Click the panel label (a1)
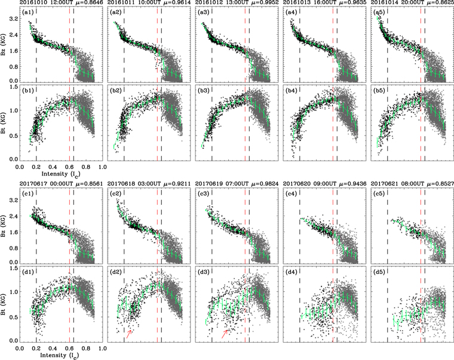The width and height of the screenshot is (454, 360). pyautogui.click(x=28, y=13)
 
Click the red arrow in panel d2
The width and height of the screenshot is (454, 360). pyautogui.click(x=129, y=333)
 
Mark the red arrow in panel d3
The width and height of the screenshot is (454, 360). pyautogui.click(x=225, y=333)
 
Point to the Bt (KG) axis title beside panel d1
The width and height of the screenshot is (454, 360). pyautogui.click(x=5, y=304)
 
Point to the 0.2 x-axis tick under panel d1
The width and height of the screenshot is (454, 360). pyautogui.click(x=36, y=347)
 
